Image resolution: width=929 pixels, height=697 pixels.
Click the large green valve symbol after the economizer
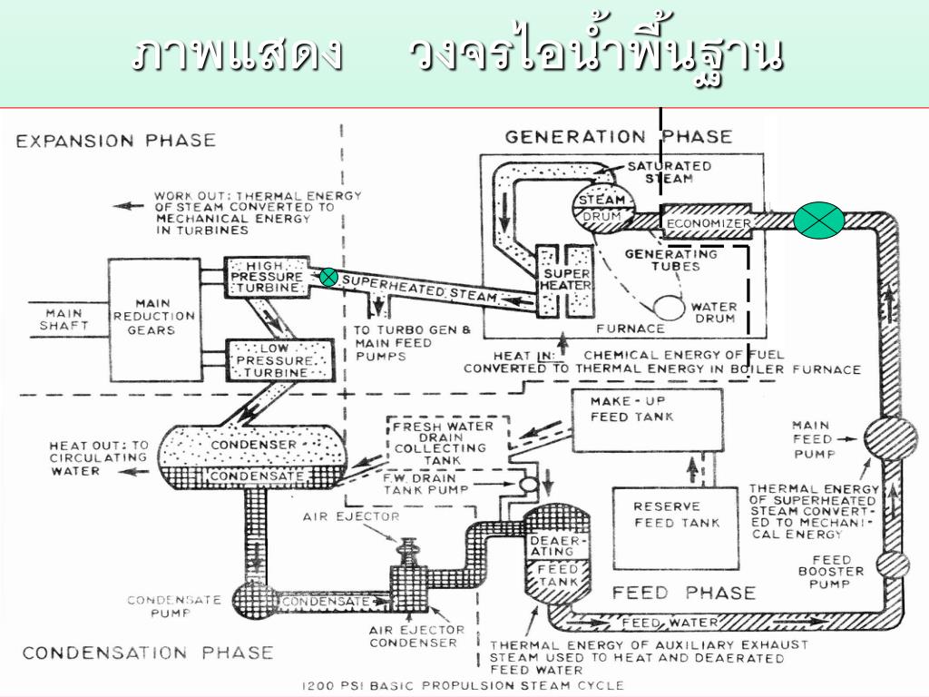tap(818, 221)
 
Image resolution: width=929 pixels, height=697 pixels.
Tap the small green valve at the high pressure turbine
tap(328, 277)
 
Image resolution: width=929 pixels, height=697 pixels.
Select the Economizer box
tap(709, 223)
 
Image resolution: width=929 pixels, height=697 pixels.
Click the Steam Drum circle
tap(601, 208)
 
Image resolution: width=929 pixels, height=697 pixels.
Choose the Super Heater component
tap(564, 280)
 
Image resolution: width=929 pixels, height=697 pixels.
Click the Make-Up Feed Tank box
tap(645, 420)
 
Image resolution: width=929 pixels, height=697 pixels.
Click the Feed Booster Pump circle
tap(893, 565)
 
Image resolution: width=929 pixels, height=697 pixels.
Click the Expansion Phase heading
tap(116, 141)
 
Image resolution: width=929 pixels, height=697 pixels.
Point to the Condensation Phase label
tap(148, 652)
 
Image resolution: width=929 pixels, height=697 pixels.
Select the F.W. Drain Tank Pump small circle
tap(525, 486)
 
